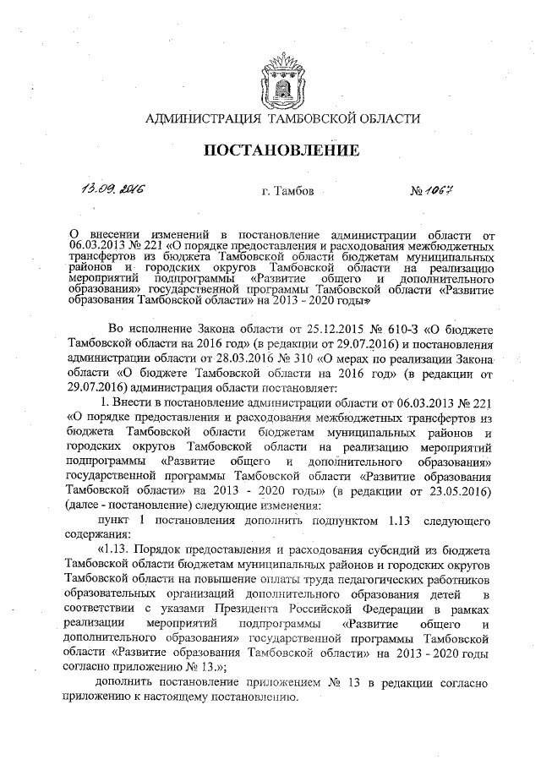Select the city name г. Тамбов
[x=288, y=191]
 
